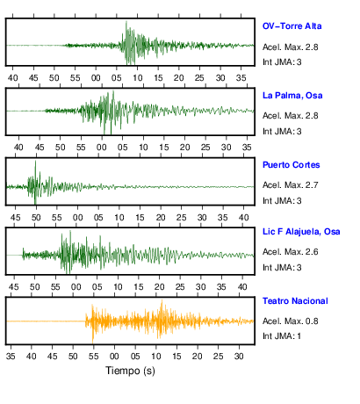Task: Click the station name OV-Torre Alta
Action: click(292, 26)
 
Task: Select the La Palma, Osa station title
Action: click(292, 96)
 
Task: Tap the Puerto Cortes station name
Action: click(291, 165)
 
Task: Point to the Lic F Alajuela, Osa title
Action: click(301, 232)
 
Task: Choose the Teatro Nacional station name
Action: click(295, 301)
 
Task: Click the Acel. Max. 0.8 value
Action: click(290, 321)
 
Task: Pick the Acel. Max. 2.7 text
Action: click(290, 185)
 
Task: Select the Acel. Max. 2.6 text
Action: click(290, 252)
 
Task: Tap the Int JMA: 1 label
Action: click(282, 336)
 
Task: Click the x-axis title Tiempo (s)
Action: click(130, 371)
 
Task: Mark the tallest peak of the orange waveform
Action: click(162, 300)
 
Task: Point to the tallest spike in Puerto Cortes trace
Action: click(35, 161)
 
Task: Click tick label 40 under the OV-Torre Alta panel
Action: click(12, 78)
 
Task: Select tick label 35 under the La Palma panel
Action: click(247, 148)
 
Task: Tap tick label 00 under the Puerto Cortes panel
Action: click(77, 218)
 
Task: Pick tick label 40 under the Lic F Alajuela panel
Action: click(242, 287)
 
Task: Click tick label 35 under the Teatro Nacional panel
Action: click(11, 357)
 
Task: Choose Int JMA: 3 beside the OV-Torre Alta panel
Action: click(282, 62)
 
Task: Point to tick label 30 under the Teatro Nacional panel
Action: click(239, 357)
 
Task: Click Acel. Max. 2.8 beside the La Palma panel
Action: click(290, 116)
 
